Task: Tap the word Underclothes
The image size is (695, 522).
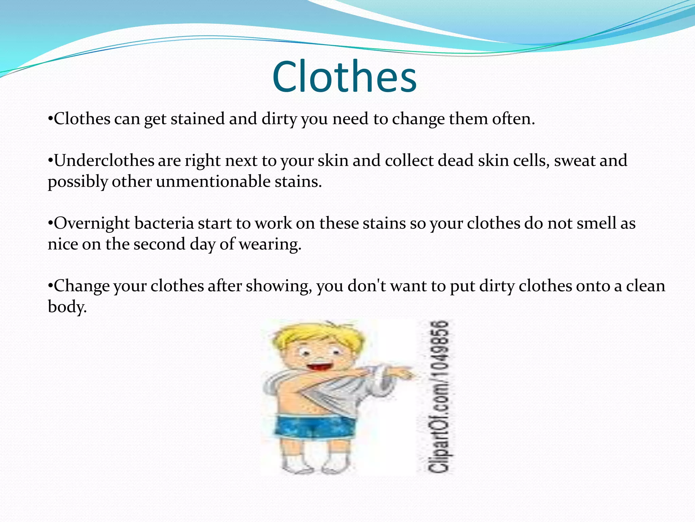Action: point(104,160)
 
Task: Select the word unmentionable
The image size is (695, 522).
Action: point(213,181)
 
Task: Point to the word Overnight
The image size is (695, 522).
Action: point(92,223)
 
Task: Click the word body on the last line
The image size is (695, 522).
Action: point(67,307)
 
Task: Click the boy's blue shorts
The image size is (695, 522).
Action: point(314,427)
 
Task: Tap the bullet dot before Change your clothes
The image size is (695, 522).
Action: point(50,286)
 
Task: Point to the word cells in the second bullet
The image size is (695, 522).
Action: point(531,160)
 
